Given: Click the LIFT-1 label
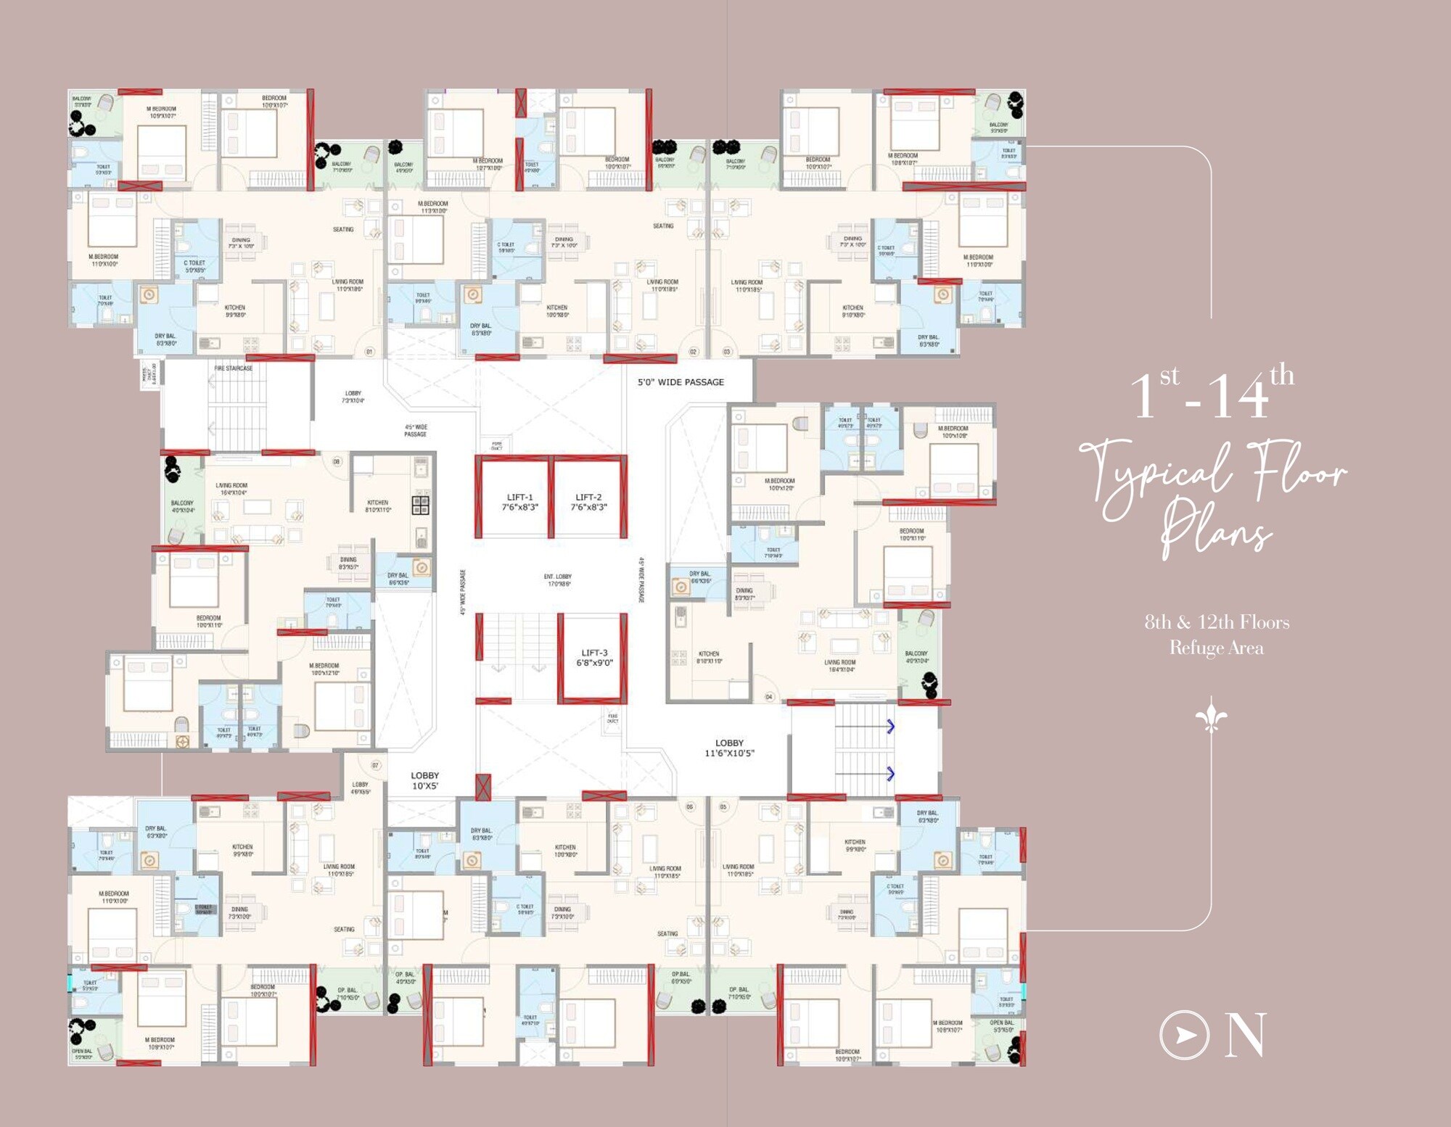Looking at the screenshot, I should [519, 501].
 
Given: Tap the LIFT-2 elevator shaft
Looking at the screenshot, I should [588, 501].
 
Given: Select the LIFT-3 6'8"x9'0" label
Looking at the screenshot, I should [594, 657].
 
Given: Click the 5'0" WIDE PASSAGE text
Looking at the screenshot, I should [681, 382].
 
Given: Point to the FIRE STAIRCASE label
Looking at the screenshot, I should [234, 368].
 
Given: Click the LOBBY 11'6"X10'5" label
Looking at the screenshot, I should [729, 748].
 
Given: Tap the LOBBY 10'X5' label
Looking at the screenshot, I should [424, 780].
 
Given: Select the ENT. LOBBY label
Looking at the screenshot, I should [558, 579].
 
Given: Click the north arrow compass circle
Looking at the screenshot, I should [1184, 1035].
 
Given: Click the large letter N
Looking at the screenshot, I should [1245, 1035].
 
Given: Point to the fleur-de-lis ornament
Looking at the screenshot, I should [1211, 715].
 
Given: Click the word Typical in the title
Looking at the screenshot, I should [1154, 475].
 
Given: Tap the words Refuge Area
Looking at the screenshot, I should [1216, 648].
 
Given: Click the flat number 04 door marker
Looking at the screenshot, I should [769, 697].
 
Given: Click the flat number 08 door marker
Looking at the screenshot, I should [337, 461].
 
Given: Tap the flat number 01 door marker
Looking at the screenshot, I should [369, 352].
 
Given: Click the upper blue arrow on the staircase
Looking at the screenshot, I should [890, 726].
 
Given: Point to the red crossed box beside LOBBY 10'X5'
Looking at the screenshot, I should [482, 787].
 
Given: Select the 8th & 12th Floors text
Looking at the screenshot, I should [1217, 622].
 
